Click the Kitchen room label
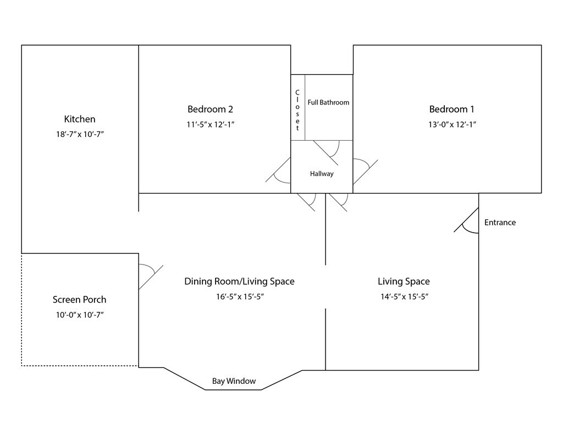[79, 119]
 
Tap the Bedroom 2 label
[210, 109]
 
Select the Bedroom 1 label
[452, 109]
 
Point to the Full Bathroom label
[328, 102]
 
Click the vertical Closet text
[297, 111]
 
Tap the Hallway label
[322, 173]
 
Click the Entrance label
[500, 222]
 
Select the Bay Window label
[234, 381]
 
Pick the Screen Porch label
[79, 300]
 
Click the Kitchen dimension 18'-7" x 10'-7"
[80, 134]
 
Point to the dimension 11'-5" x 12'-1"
[211, 125]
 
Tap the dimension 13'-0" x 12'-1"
[452, 125]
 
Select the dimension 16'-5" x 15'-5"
[240, 297]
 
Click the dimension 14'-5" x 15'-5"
[404, 297]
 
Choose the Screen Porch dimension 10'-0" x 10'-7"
[80, 315]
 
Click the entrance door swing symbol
[466, 220]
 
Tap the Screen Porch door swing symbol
[151, 277]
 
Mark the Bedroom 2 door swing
[278, 170]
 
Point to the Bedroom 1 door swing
[365, 172]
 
